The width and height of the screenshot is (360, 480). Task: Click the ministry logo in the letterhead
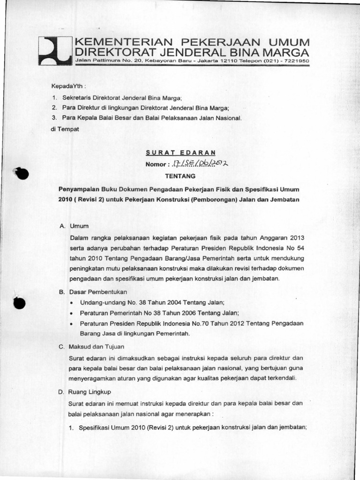pos(54,51)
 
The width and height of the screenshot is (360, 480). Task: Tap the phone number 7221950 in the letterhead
pos(296,61)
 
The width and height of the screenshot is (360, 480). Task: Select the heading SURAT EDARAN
pos(180,152)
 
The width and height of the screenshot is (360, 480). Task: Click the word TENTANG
pos(180,176)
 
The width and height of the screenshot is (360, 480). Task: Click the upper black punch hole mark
pos(21,173)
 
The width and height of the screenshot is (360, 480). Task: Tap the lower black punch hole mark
pos(20,303)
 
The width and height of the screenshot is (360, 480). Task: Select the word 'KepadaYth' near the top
pos(65,87)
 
